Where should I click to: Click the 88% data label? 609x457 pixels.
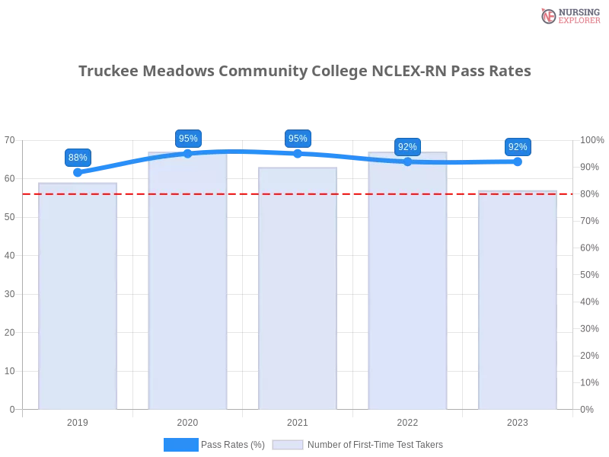coord(78,158)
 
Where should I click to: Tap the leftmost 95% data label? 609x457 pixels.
coord(188,139)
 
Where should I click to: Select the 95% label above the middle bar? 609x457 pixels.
coord(298,139)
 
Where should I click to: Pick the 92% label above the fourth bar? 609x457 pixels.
coord(407,147)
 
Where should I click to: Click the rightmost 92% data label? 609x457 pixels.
coord(518,147)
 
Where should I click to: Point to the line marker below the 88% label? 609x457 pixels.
coord(78,173)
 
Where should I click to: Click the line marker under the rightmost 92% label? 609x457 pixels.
coord(518,161)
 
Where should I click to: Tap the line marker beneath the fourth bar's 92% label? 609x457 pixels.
coord(407,161)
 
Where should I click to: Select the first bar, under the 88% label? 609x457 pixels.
coord(78,297)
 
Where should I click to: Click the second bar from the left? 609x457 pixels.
coord(188,282)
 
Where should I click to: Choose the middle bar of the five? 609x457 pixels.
coord(298,289)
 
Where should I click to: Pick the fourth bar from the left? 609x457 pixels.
coord(407,282)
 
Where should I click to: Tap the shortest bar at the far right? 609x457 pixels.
coord(518,301)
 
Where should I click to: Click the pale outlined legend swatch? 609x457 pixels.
coord(288,445)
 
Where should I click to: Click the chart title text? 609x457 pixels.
coord(304,70)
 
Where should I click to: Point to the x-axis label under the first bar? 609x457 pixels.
coord(78,420)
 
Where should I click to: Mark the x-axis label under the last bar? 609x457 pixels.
coord(518,420)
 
